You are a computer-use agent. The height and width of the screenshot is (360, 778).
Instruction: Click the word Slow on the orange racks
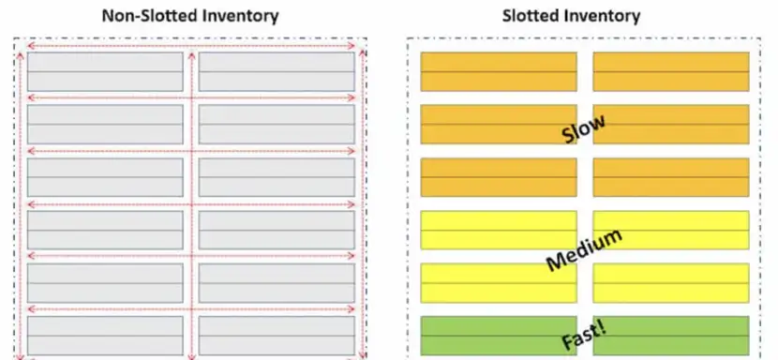pos(583,128)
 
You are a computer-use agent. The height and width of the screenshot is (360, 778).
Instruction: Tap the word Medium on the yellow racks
pos(584,250)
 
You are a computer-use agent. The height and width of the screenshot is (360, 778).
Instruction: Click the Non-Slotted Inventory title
pos(190,16)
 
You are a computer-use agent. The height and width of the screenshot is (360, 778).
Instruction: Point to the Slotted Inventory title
pos(571,16)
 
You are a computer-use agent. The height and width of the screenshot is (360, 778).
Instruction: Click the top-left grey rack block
pos(105,72)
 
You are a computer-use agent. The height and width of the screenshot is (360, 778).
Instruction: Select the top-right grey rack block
pos(277,72)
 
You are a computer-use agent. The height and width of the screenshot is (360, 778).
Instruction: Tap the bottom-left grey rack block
pos(105,336)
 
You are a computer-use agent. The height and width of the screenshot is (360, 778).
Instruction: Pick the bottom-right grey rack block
pos(277,336)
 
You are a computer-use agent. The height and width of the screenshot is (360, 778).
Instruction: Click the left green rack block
pos(499,336)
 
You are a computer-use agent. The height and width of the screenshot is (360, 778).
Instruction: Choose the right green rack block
pos(671,336)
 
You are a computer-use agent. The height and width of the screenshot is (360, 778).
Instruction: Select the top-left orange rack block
pos(499,71)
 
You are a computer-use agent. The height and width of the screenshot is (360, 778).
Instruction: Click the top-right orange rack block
pos(671,71)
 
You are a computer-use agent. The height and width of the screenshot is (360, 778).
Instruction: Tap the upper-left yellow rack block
pos(499,230)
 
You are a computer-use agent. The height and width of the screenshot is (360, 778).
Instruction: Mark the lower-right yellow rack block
pos(671,283)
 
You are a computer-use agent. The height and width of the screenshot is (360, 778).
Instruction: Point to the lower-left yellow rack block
pos(499,283)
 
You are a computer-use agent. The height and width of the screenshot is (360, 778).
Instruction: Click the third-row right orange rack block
pos(671,177)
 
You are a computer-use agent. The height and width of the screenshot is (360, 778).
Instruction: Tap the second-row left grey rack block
pos(105,124)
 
